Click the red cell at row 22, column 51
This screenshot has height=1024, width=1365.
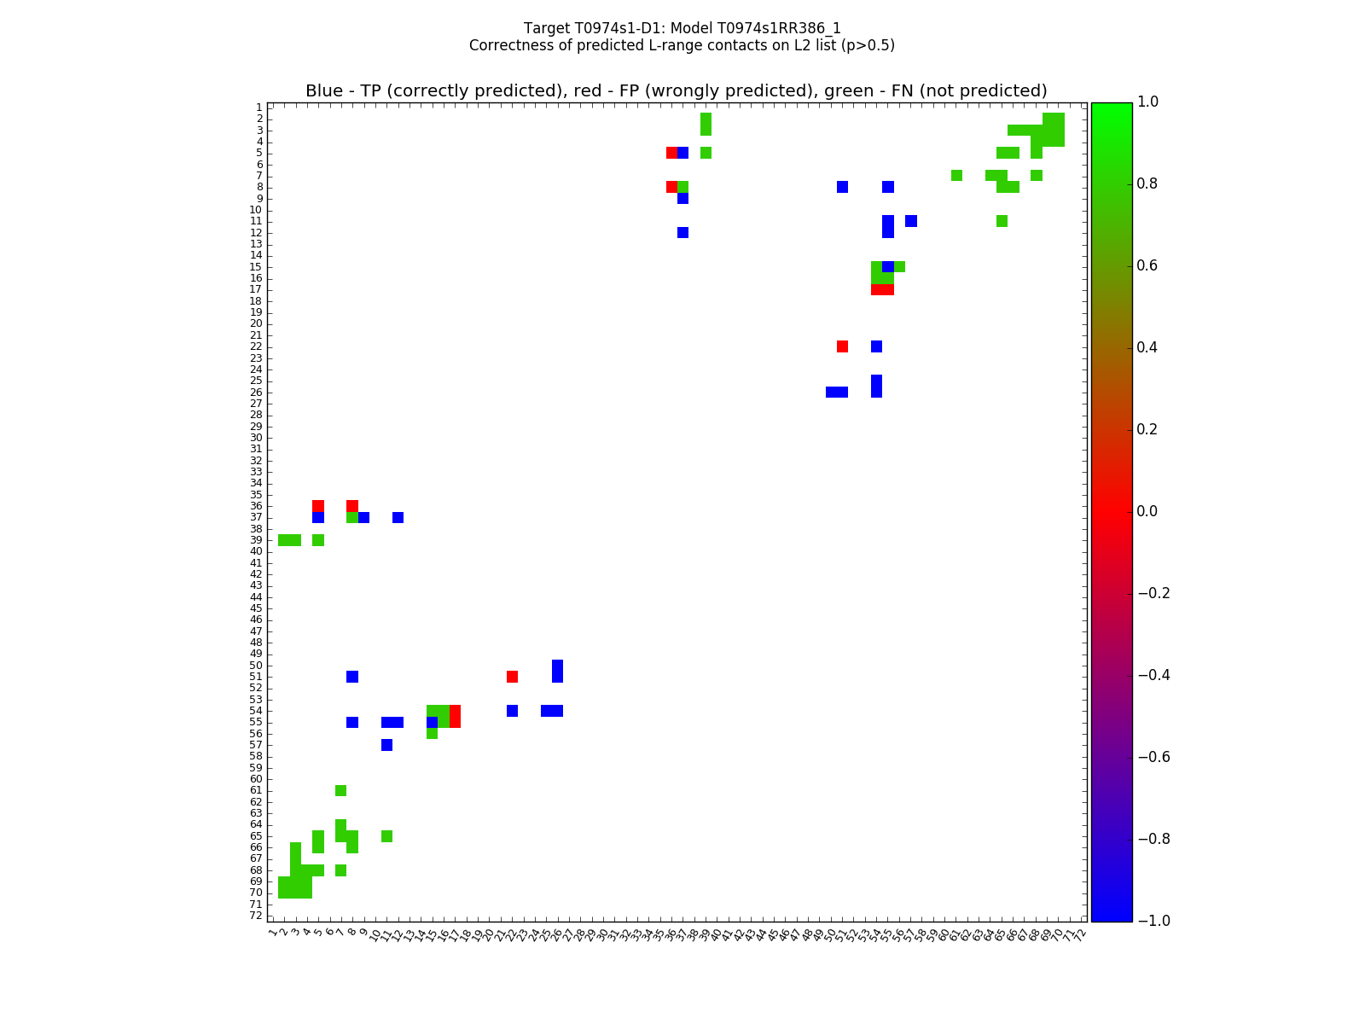click(x=842, y=346)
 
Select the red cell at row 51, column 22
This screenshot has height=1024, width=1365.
click(x=512, y=677)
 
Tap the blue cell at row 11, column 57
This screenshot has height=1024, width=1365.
click(x=911, y=221)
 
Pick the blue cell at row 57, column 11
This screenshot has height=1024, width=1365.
click(x=386, y=745)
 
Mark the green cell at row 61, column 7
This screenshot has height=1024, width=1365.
click(x=341, y=790)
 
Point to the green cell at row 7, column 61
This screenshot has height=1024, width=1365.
click(x=956, y=176)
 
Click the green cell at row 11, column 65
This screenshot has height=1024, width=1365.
click(x=1002, y=221)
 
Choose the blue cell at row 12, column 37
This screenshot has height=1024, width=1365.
click(x=682, y=232)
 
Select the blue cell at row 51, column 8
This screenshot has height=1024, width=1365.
click(x=352, y=677)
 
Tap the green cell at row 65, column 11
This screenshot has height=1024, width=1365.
click(x=386, y=836)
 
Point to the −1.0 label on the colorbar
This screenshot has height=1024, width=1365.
click(x=1152, y=921)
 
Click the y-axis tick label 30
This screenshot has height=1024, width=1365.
click(x=256, y=438)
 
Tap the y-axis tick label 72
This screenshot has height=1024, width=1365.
click(x=256, y=916)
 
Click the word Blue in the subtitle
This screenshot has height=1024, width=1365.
click(x=323, y=91)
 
